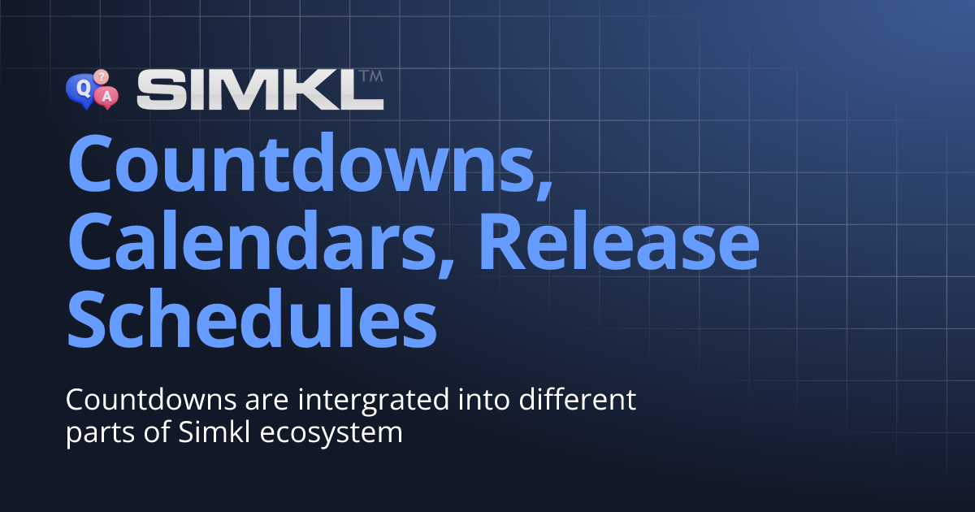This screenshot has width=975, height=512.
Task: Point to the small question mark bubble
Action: [101, 76]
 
